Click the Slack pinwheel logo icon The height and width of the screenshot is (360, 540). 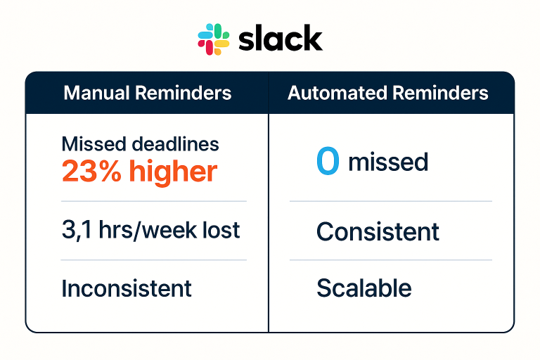point(214,39)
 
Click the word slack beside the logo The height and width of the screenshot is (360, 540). point(281,39)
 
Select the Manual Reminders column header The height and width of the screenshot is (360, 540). point(148,93)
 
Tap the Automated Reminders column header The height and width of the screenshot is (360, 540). point(388,93)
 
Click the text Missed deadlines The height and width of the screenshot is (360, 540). point(140,144)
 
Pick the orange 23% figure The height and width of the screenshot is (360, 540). point(91,172)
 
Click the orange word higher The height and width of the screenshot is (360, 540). point(173,172)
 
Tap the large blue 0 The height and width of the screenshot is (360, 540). point(328,160)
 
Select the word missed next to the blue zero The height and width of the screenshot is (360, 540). point(388,162)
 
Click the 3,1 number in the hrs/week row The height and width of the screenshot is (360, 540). point(77,230)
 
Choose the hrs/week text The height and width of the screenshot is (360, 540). point(148,230)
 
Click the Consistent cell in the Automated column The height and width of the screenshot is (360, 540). point(378,231)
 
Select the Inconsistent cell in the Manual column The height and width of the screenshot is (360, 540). point(127,288)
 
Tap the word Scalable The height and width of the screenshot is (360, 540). point(364,288)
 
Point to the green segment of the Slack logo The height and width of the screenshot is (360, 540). point(221,32)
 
